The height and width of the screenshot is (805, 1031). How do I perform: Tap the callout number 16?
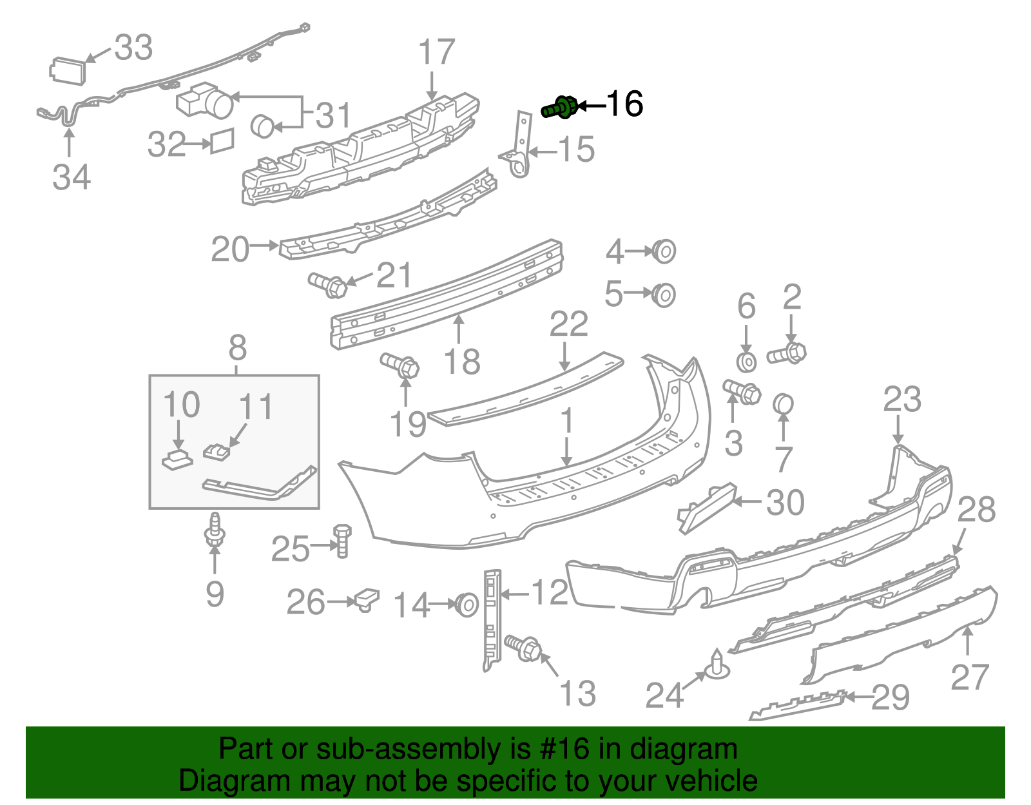coord(625,104)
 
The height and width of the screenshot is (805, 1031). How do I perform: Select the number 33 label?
coord(133,48)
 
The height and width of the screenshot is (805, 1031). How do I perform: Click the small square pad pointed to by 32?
coord(222,141)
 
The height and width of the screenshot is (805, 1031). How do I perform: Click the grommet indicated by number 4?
coord(664,251)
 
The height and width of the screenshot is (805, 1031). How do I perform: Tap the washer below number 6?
coord(746,362)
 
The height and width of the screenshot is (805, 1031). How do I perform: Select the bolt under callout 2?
coord(786,353)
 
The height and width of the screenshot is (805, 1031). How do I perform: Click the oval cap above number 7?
coord(783,404)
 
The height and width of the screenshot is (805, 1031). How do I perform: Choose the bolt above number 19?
coord(400,365)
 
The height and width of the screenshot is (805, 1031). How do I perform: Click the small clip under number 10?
coord(177,459)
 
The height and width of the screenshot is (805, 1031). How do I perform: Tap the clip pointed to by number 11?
coord(217,451)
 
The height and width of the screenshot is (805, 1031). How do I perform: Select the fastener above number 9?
coord(215,529)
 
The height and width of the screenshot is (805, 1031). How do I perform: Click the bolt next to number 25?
coord(343,541)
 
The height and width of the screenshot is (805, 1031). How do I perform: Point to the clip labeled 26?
coord(367,599)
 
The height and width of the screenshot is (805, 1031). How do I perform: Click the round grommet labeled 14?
coord(467,605)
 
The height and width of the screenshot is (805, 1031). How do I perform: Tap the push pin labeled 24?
coord(717,664)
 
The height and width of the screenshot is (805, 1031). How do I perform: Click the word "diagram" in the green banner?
coord(684,750)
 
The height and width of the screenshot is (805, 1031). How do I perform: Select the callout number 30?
coord(785,502)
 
